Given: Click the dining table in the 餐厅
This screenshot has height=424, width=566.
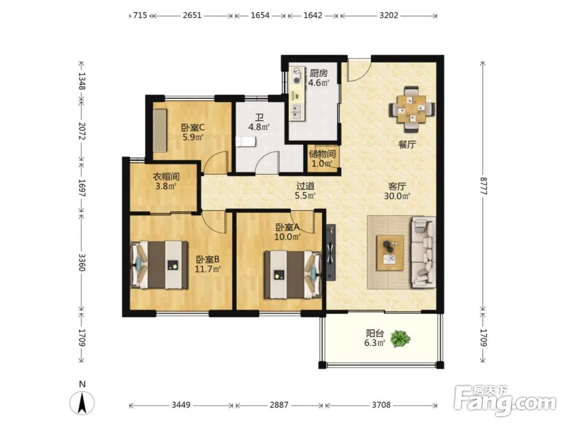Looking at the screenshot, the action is (411, 109).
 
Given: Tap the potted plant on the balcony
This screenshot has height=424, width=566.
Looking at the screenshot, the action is (400, 339).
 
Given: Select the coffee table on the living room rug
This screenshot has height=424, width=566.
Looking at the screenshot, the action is (390, 253).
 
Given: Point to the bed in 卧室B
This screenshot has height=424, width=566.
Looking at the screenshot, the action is (159, 265).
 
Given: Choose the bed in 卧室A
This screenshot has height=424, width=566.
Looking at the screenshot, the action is (293, 275).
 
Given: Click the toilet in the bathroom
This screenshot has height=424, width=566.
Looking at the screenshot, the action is (246, 142).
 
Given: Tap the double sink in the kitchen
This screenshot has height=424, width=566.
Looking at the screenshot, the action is (298, 112).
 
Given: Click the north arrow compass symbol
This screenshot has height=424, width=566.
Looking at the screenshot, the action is (82, 402).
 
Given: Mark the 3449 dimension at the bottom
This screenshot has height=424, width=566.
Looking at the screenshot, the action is (181, 405).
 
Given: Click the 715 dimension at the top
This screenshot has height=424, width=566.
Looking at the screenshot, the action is (140, 15).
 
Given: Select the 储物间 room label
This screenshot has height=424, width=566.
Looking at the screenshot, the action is (322, 154).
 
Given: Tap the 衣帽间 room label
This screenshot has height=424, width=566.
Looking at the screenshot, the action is (166, 176).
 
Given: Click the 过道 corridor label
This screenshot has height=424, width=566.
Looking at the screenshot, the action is (306, 186).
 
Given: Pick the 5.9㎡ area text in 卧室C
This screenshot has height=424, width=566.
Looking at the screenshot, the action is (193, 137).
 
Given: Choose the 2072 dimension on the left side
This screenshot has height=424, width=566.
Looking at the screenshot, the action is (82, 132).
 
